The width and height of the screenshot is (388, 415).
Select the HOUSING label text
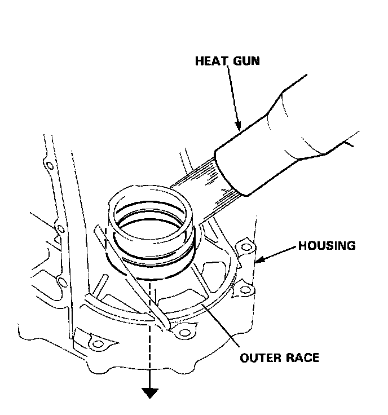click(327, 246)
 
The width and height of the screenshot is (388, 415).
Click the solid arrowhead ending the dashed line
click(149, 393)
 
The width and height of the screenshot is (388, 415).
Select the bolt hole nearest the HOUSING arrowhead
click(244, 247)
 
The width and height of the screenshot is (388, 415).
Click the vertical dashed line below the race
click(150, 338)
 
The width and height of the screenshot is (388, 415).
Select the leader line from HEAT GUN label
click(234, 96)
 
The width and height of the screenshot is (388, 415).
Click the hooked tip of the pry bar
click(167, 325)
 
